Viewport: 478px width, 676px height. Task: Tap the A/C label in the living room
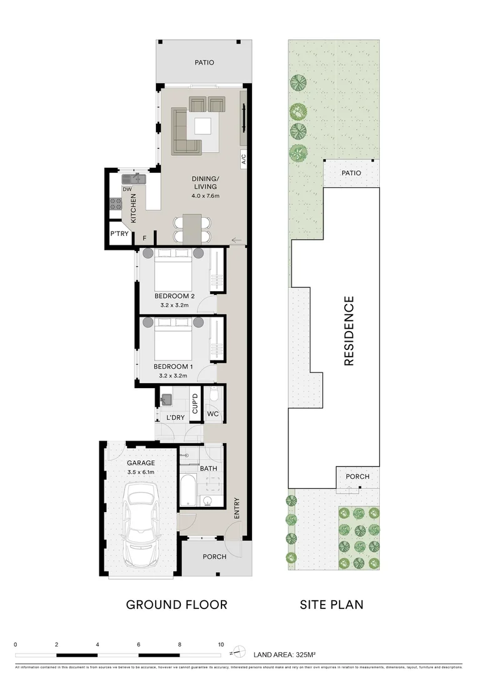click(244, 160)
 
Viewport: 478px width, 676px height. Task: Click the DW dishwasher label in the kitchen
click(127, 189)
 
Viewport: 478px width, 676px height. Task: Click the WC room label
click(213, 414)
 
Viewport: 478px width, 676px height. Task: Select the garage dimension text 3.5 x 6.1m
click(141, 472)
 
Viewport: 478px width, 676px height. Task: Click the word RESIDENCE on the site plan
click(349, 330)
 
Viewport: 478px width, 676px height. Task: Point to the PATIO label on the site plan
click(351, 173)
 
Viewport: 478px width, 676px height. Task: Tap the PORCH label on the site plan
click(358, 476)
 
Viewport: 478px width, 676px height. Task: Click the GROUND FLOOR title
click(176, 605)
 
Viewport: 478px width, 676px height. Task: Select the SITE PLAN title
click(332, 605)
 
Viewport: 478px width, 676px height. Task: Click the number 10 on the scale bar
click(220, 644)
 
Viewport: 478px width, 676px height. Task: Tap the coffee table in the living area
click(203, 126)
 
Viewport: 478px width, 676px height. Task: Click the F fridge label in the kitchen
click(145, 238)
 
